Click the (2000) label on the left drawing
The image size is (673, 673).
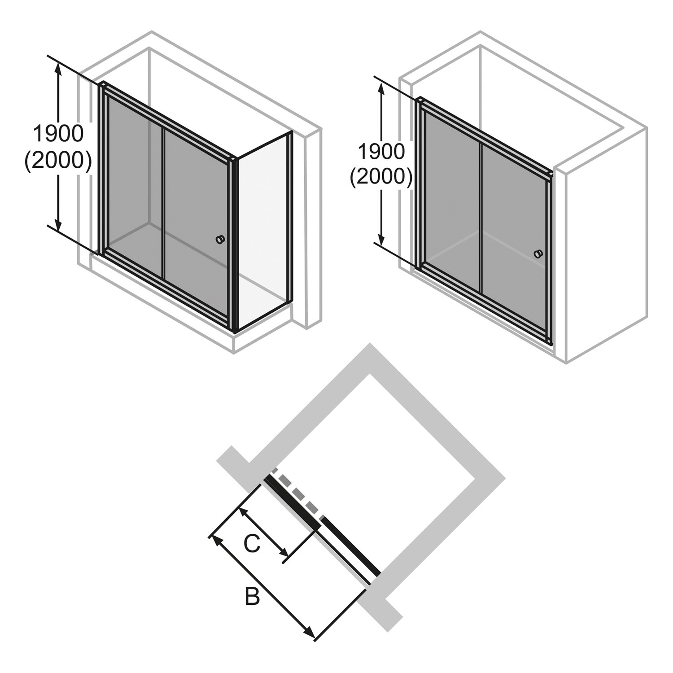(58, 160)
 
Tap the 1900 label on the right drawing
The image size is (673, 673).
(381, 152)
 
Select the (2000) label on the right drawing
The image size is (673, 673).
(381, 178)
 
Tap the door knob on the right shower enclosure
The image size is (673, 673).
(538, 254)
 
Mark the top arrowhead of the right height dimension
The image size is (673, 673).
(381, 89)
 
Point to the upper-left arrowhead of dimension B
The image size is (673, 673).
(217, 541)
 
